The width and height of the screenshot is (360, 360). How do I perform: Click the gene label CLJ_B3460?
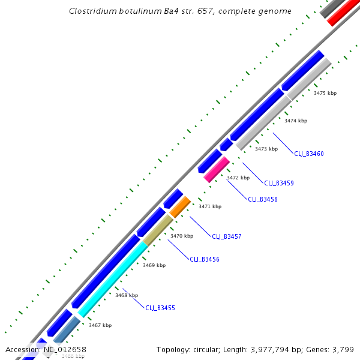click(x=308, y=154)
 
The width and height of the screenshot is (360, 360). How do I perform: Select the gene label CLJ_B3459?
click(x=279, y=183)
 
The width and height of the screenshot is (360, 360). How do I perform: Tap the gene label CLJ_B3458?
click(x=263, y=199)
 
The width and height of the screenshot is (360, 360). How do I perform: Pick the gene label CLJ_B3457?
click(x=227, y=236)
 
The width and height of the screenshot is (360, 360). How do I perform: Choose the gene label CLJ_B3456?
click(x=205, y=259)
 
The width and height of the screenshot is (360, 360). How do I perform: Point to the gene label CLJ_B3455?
click(x=160, y=308)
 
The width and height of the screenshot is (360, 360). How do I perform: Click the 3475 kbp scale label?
click(x=325, y=93)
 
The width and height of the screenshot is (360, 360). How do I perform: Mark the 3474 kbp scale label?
click(x=295, y=121)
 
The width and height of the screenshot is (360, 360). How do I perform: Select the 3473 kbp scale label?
click(x=266, y=149)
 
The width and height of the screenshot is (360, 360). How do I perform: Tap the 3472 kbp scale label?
click(x=238, y=178)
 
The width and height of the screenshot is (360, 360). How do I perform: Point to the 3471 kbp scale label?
click(x=210, y=206)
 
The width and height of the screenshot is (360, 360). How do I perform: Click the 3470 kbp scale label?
click(x=182, y=236)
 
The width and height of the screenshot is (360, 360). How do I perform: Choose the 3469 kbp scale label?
click(x=154, y=265)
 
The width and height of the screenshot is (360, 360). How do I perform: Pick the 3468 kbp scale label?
click(x=127, y=295)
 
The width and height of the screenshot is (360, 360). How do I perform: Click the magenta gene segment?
click(x=217, y=169)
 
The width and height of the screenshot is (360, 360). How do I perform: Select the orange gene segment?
click(x=180, y=207)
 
